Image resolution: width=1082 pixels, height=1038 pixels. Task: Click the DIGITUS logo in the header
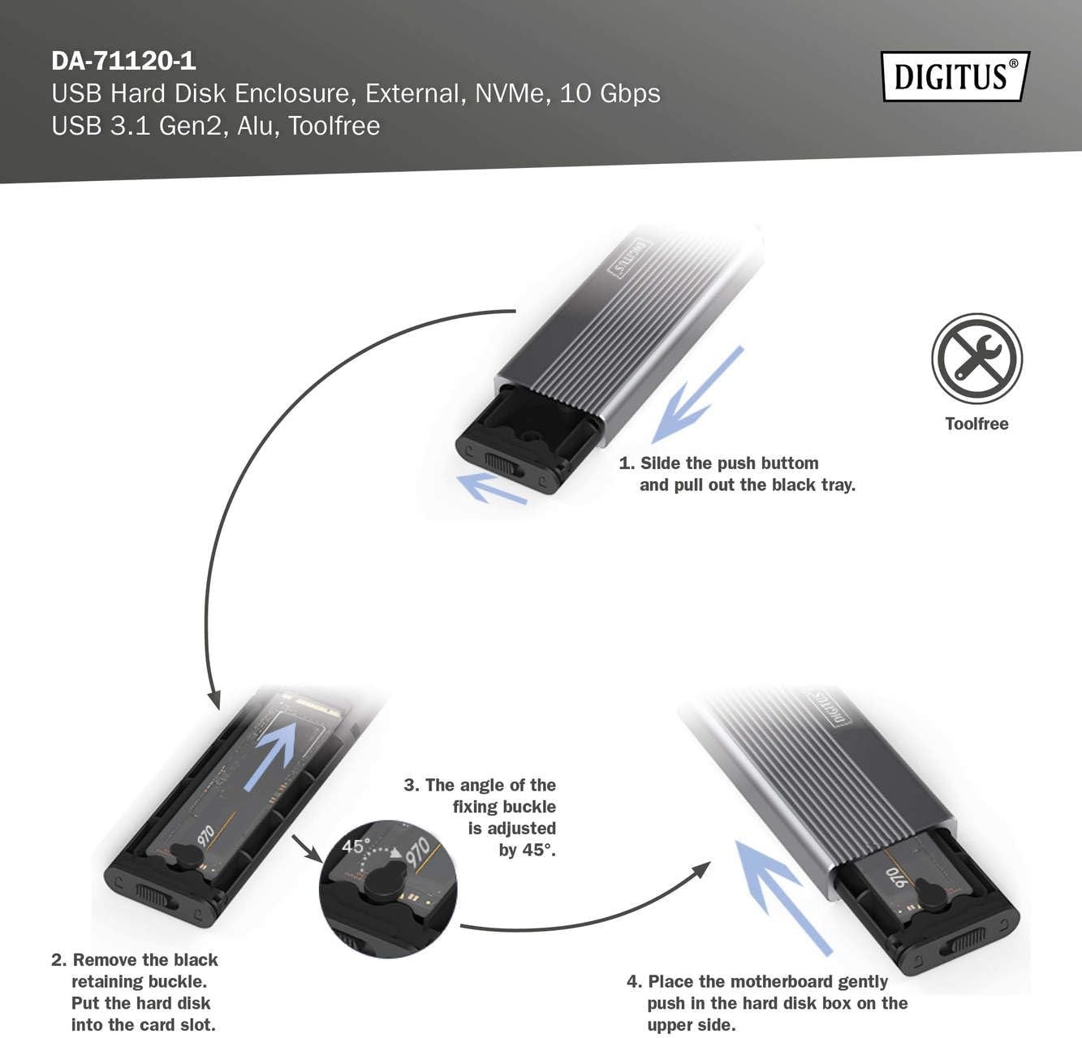point(955,76)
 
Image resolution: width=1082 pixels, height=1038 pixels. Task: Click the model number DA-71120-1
point(123,61)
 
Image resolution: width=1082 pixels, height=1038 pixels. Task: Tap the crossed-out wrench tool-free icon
point(976,358)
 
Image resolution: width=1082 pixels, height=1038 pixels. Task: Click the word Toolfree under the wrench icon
point(976,424)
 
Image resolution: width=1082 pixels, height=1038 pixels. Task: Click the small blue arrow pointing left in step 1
point(492,488)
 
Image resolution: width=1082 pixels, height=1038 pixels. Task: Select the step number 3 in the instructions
point(410,786)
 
